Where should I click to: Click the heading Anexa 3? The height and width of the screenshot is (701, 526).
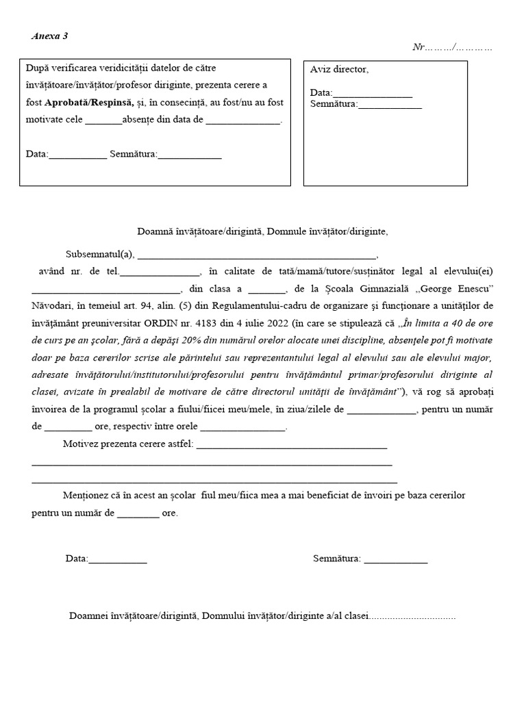(x=49, y=36)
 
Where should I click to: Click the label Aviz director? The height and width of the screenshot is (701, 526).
(x=339, y=69)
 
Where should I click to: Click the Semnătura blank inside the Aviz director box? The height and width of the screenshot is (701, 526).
(x=390, y=105)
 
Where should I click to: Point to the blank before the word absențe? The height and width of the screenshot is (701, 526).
(x=103, y=120)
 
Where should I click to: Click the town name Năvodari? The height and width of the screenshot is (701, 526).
(x=55, y=305)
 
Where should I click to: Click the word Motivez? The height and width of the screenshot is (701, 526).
(x=82, y=444)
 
